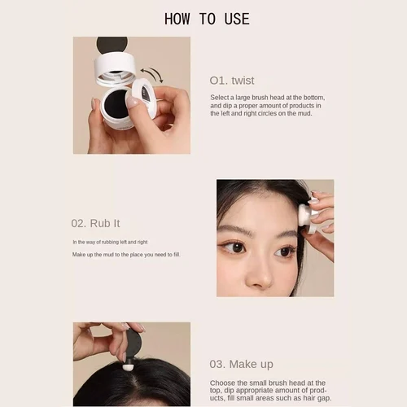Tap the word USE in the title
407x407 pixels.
point(235,19)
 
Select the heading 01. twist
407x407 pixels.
point(232,81)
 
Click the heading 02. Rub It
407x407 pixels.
point(96,223)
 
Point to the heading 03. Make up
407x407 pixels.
point(242,364)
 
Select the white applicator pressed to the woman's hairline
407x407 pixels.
point(305,214)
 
